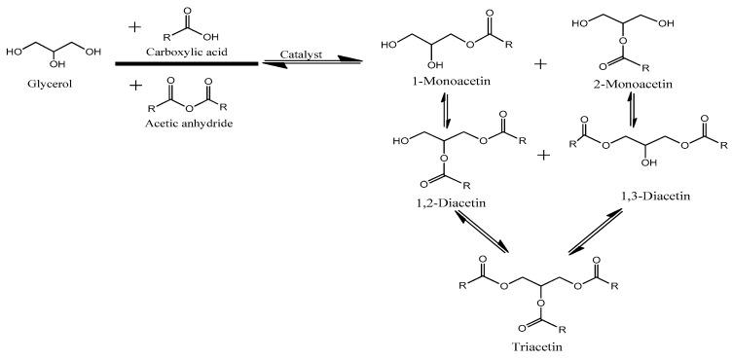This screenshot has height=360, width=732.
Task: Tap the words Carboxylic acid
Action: click(x=187, y=48)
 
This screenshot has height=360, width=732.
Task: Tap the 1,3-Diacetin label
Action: click(x=654, y=198)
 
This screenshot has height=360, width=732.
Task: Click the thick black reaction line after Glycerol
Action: click(x=186, y=64)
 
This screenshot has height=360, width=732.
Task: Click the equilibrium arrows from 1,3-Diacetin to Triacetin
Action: click(x=596, y=234)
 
